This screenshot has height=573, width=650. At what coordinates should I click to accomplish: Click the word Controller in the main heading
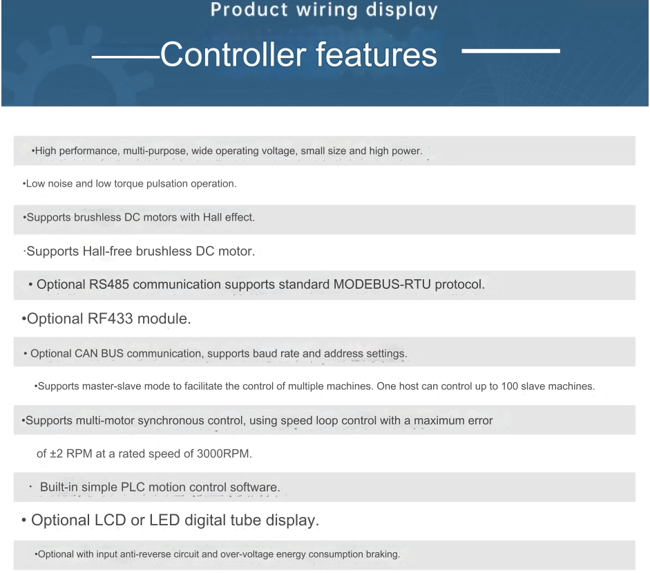tap(233, 55)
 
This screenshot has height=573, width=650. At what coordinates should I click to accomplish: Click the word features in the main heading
tap(376, 55)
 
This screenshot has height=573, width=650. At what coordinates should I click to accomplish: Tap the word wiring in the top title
tap(327, 10)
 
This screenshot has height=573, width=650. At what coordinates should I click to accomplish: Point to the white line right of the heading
tap(510, 50)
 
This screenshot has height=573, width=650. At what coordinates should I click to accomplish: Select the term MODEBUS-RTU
tap(382, 284)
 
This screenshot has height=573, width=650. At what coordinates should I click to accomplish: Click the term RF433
tap(111, 319)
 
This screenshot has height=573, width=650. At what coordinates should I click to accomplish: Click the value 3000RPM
tap(224, 453)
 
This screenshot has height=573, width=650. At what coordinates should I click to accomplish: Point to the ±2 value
tap(57, 453)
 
